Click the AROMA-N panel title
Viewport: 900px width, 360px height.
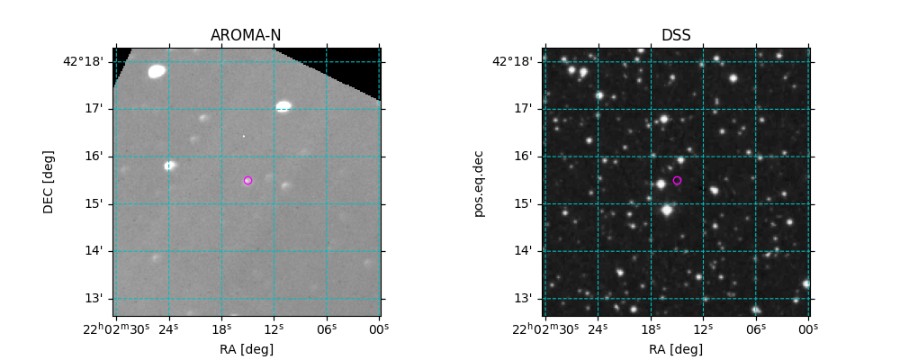[x=246, y=36]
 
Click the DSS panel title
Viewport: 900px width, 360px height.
[x=676, y=36]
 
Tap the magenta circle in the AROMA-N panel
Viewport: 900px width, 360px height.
[x=247, y=180]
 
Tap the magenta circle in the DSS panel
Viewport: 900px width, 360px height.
[x=677, y=180]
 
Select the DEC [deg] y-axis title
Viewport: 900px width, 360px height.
[x=49, y=182]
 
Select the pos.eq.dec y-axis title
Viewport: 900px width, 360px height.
[x=479, y=182]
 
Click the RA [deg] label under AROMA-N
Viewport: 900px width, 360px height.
[x=247, y=349]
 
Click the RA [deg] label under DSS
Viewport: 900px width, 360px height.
[x=676, y=349]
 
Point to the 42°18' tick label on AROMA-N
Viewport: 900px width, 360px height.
[x=83, y=61]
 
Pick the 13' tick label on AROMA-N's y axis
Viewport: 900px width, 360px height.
[x=94, y=298]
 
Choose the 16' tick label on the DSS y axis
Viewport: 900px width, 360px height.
[x=524, y=156]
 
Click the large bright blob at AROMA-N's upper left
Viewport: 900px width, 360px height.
[x=157, y=71]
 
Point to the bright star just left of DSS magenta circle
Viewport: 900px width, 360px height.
[x=661, y=184]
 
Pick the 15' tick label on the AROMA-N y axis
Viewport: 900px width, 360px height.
[x=94, y=203]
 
